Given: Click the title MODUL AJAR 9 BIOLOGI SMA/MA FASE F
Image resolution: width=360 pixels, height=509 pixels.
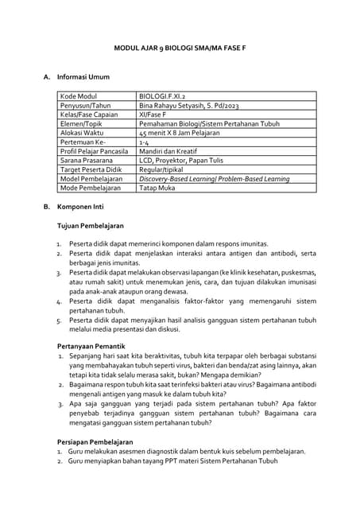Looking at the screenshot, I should click(x=180, y=48).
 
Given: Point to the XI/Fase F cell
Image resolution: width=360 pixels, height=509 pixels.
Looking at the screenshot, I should click(x=156, y=116).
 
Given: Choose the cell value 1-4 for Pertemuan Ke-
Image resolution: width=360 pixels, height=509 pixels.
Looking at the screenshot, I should click(x=145, y=146).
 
